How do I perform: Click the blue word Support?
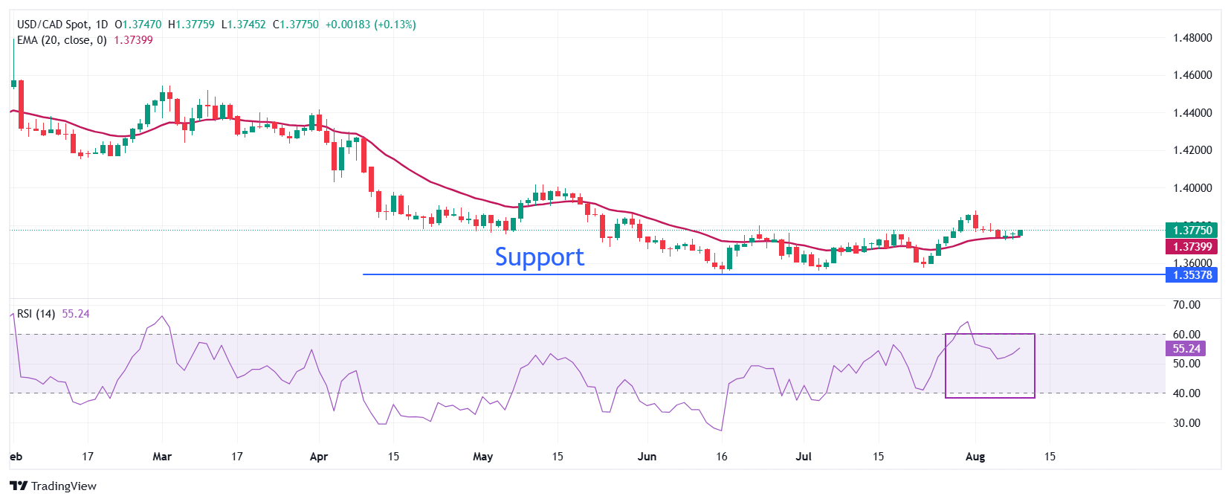pyautogui.click(x=539, y=257)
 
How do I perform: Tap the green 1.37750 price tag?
pyautogui.click(x=1192, y=231)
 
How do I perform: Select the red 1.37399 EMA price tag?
pyautogui.click(x=1192, y=247)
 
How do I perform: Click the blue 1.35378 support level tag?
pyautogui.click(x=1192, y=275)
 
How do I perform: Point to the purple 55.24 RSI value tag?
pyautogui.click(x=1186, y=349)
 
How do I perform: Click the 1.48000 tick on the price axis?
pyautogui.click(x=1192, y=38)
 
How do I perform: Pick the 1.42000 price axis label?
pyautogui.click(x=1192, y=150)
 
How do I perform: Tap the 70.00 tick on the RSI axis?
pyautogui.click(x=1186, y=305)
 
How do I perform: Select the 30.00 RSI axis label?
pyautogui.click(x=1186, y=423)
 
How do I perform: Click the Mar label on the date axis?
pyautogui.click(x=162, y=457)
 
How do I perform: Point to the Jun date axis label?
pyautogui.click(x=647, y=457)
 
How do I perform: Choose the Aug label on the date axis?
pyautogui.click(x=975, y=457)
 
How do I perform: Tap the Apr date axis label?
pyautogui.click(x=318, y=457)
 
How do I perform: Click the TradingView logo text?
pyautogui.click(x=63, y=486)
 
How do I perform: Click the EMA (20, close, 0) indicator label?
pyautogui.click(x=62, y=40)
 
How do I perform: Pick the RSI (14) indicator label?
pyautogui.click(x=36, y=314)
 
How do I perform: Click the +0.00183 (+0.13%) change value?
pyautogui.click(x=370, y=25)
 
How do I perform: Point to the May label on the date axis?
pyautogui.click(x=482, y=457)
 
